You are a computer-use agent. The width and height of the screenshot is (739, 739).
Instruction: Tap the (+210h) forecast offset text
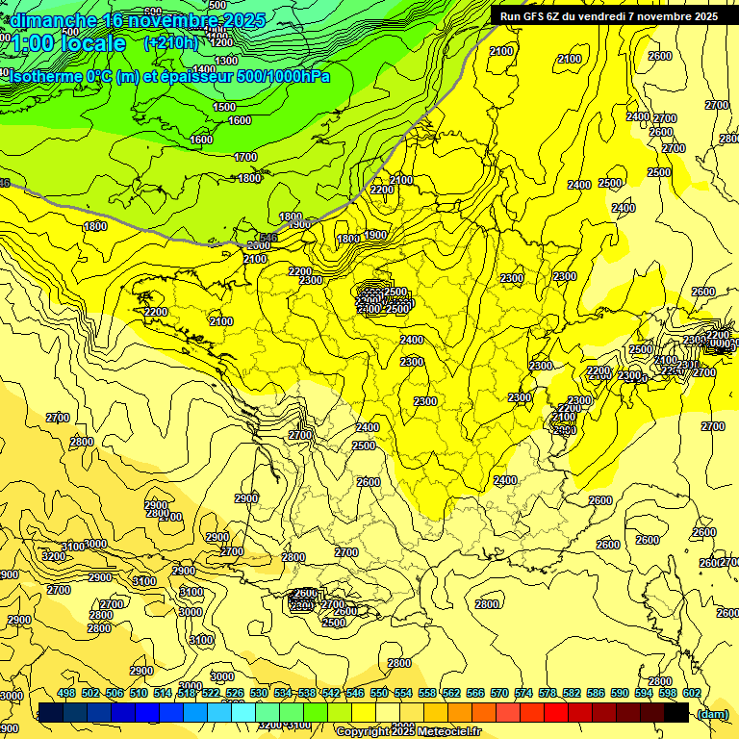pos(170,42)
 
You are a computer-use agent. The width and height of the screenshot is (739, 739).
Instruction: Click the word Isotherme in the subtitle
pos(42,76)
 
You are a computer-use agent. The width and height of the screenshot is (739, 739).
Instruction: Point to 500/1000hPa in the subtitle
pos(284,76)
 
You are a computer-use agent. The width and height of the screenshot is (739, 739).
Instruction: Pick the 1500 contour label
pos(224,107)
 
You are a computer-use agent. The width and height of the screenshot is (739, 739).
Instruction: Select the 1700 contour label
pos(246,156)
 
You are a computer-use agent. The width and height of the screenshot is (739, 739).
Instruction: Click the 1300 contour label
pos(227,60)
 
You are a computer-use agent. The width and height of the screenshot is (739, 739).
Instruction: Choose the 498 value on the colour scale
pos(66,693)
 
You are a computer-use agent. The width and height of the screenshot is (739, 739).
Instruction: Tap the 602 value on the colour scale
pos(692,693)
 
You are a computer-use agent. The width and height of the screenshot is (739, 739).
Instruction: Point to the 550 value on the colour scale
pos(379,693)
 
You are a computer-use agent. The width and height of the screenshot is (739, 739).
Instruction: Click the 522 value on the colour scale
pos(211,693)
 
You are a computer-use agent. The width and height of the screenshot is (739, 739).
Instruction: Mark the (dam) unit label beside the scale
pos(712,713)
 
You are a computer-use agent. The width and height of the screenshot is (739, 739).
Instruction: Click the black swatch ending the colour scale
pos(676,712)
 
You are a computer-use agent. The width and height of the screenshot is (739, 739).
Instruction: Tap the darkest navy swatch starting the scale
pos(51,712)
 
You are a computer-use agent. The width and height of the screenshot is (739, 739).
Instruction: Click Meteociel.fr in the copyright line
pos(443,732)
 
